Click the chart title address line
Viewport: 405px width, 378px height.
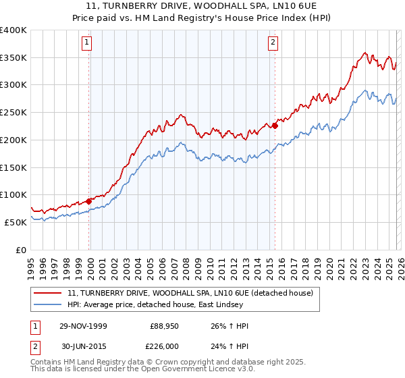[202, 6]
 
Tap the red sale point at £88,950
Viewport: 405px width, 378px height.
[89, 201]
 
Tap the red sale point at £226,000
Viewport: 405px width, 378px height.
[275, 126]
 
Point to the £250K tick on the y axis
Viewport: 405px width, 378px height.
[14, 113]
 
